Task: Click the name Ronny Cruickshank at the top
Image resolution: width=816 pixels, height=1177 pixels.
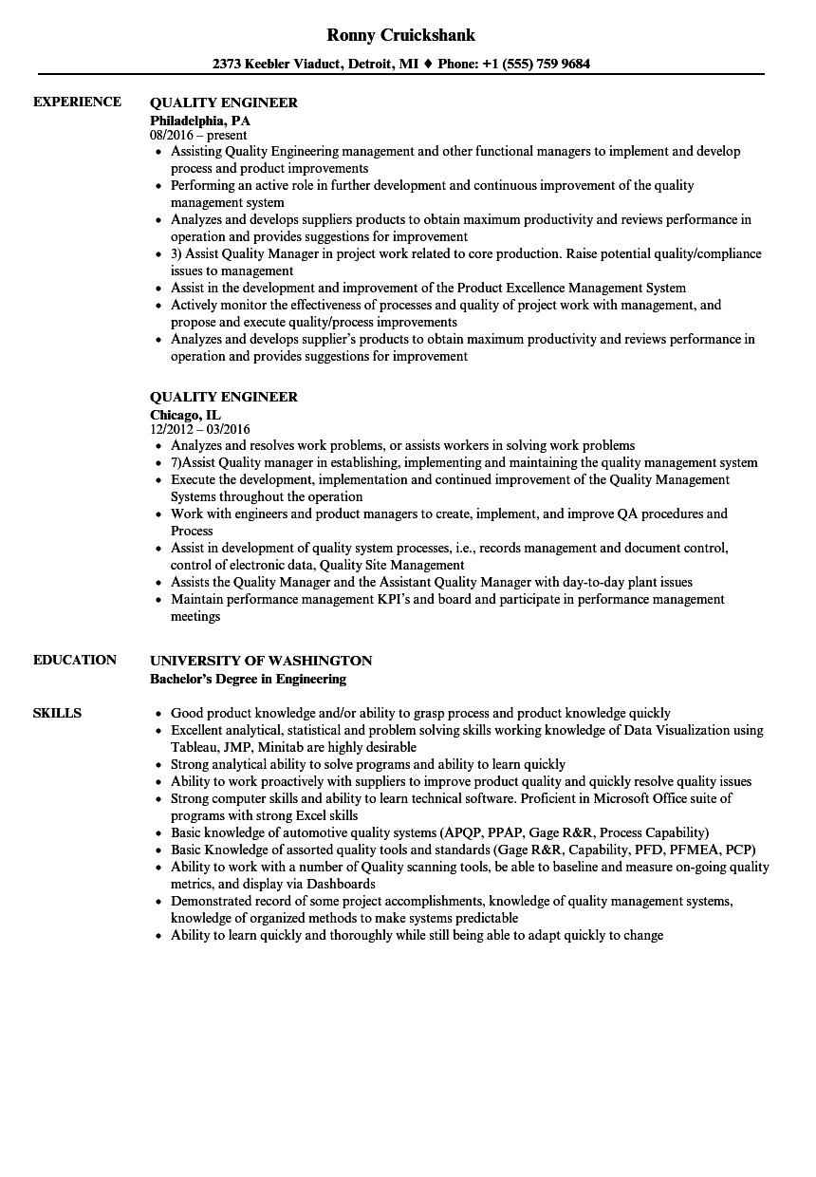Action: (400, 35)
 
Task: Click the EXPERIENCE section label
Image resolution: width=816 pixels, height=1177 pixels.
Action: (77, 103)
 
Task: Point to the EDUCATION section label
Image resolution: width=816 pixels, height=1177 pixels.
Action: (75, 661)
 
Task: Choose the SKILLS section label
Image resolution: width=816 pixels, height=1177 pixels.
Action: (57, 714)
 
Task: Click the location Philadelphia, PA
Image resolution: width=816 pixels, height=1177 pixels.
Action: (200, 121)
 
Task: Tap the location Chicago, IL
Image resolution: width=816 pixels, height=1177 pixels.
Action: (186, 415)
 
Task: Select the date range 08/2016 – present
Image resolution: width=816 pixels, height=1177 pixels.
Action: (198, 136)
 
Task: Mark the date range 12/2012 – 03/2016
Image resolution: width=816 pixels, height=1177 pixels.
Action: (200, 430)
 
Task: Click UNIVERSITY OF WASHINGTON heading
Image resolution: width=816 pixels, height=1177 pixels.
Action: (261, 661)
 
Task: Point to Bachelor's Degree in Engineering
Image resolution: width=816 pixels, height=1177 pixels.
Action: (248, 680)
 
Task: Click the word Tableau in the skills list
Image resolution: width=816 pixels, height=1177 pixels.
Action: (194, 748)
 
